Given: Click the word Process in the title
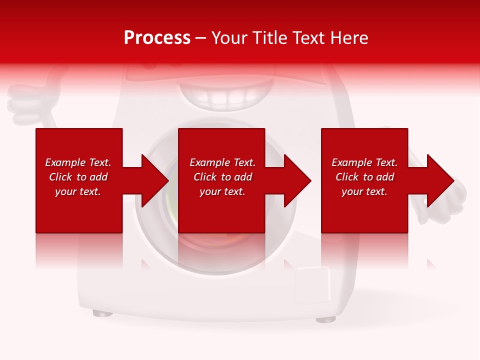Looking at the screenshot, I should pyautogui.click(x=157, y=38).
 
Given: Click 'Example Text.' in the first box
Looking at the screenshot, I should pyautogui.click(x=78, y=162).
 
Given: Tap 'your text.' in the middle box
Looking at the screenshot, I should pyautogui.click(x=222, y=191).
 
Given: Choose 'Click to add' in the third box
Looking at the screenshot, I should pyautogui.click(x=364, y=177).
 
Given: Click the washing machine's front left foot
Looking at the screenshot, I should pyautogui.click(x=102, y=313).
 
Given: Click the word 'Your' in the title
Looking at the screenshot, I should pyautogui.click(x=230, y=38).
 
